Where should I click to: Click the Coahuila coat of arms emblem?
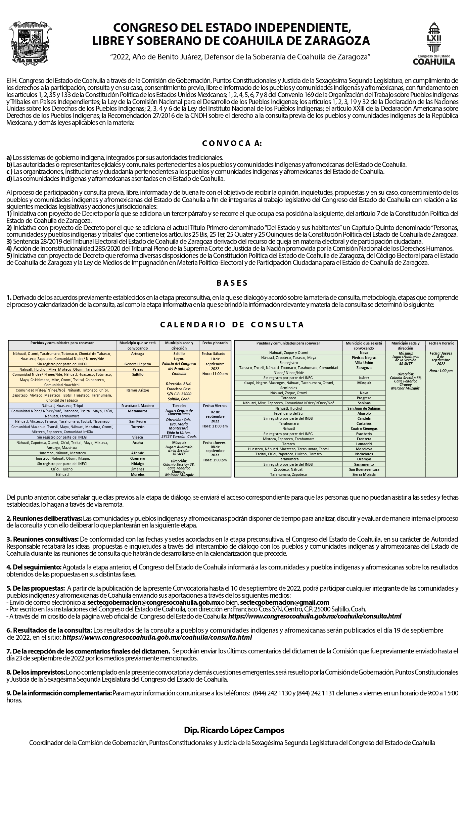[x=32, y=43]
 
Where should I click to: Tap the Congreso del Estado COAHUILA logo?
[x=434, y=43]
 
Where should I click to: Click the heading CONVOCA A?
[x=232, y=144]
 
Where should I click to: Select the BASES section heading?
[x=232, y=283]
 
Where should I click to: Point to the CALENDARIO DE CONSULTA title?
[x=232, y=324]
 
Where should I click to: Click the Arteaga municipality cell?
[x=138, y=354]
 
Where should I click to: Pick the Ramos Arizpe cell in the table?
[x=138, y=390]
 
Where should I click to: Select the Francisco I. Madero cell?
[x=138, y=406]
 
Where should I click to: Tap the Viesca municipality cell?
[x=138, y=437]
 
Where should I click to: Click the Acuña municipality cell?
[x=138, y=443]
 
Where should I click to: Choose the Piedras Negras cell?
[x=364, y=358]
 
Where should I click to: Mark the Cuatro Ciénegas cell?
[x=364, y=428]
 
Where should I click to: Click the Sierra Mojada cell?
[x=364, y=474]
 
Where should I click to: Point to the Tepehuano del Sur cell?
[x=288, y=413]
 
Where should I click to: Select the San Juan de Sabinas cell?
[x=364, y=408]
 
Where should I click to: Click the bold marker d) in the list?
[x=9, y=179]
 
